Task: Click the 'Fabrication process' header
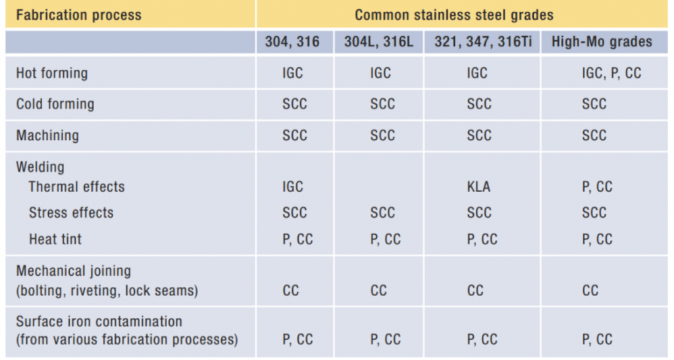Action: (x=78, y=14)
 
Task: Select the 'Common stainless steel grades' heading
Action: (x=454, y=14)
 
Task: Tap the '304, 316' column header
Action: (x=292, y=42)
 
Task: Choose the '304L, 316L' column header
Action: (x=379, y=42)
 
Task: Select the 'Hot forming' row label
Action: (x=51, y=73)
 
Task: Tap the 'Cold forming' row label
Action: (x=55, y=104)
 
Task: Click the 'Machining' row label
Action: (x=47, y=136)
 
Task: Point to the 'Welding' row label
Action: (x=39, y=167)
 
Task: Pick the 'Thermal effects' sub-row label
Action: (x=76, y=187)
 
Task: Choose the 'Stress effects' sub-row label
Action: (x=71, y=213)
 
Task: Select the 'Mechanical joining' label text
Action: (x=73, y=271)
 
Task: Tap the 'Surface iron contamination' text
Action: (x=99, y=322)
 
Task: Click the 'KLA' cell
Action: (x=478, y=187)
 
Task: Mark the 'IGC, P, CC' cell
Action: (x=611, y=73)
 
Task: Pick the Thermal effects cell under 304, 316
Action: (x=292, y=187)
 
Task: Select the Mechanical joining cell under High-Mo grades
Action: (x=590, y=290)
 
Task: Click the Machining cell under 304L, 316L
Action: (x=382, y=136)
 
